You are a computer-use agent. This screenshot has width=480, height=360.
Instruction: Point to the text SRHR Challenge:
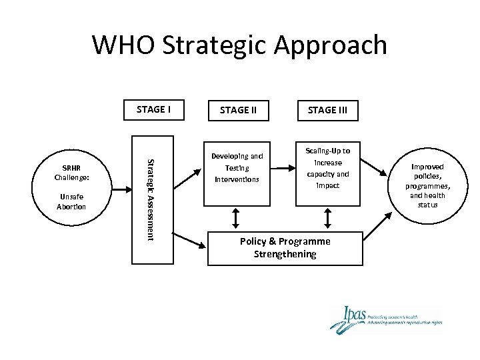coord(72,173)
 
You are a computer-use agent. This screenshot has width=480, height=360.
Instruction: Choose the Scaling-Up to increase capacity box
coord(327,167)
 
